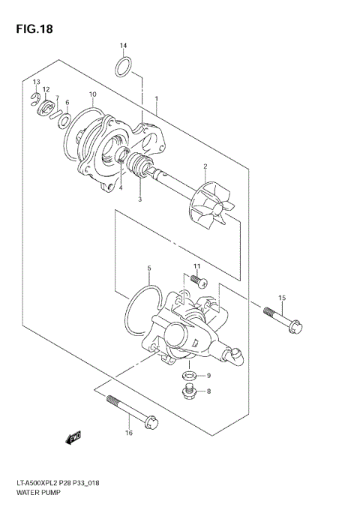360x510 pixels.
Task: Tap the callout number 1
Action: [x=156, y=99]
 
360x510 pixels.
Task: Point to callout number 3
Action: [x=139, y=199]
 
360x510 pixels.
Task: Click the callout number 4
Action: [x=121, y=189]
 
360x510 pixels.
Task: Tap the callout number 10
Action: [x=92, y=94]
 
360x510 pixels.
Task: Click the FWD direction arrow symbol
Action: [x=73, y=436]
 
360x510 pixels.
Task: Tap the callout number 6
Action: [x=67, y=103]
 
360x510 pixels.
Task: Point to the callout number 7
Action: [x=57, y=98]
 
